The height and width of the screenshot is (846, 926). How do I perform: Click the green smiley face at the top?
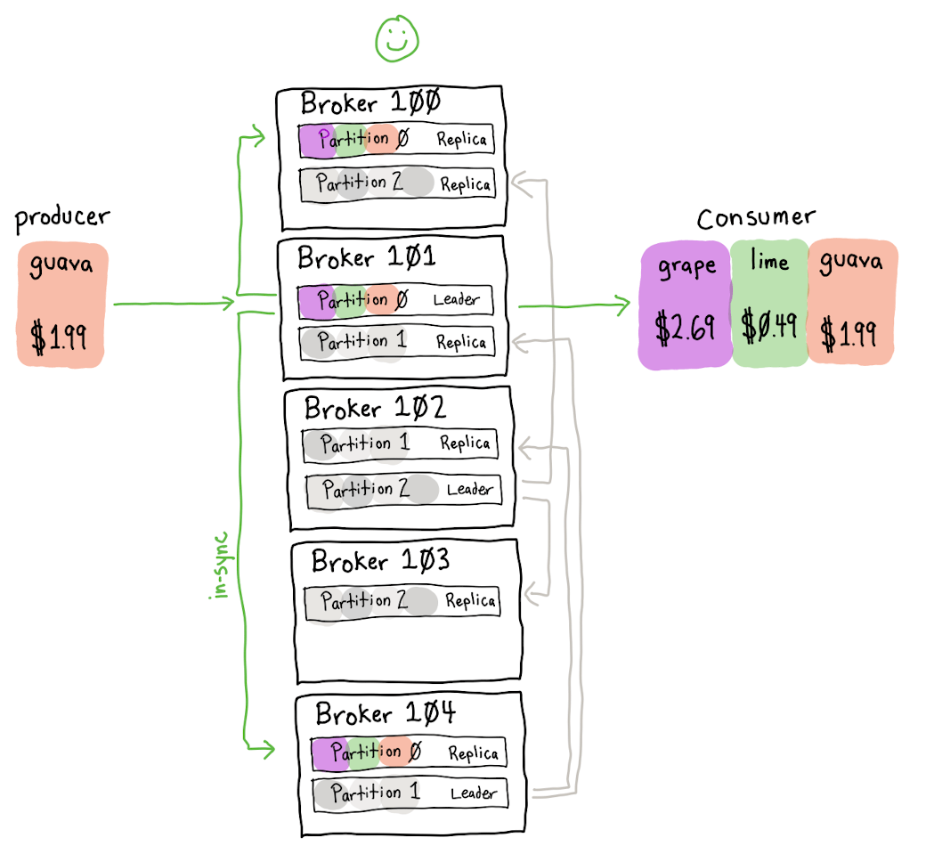coord(397,38)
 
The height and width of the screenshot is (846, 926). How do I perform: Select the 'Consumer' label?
coord(756,218)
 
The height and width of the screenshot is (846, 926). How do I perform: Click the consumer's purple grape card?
coord(685,305)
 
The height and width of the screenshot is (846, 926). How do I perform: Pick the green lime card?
coord(769,303)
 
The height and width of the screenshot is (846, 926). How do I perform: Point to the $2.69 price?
coord(685,327)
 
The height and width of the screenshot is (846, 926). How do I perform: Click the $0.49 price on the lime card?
coord(769,324)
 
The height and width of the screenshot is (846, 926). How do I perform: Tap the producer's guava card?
coord(62,305)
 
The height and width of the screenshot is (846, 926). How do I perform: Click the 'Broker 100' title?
coord(370,102)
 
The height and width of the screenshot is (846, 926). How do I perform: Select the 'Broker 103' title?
coord(380,560)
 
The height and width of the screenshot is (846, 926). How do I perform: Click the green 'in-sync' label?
coord(220,565)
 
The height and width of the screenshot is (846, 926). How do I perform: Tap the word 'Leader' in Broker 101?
coord(456,299)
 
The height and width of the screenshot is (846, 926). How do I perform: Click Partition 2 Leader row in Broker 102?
coord(404,490)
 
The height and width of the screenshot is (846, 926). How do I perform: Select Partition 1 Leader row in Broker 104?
coord(410,794)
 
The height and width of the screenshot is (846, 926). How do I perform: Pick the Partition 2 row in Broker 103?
coord(402,602)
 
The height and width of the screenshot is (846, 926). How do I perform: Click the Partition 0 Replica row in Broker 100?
coord(396,140)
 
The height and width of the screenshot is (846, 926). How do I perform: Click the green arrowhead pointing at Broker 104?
coord(267,750)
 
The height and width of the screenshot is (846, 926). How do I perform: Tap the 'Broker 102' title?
coord(375,408)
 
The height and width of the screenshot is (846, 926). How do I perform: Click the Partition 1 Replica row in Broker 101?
coord(397,342)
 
